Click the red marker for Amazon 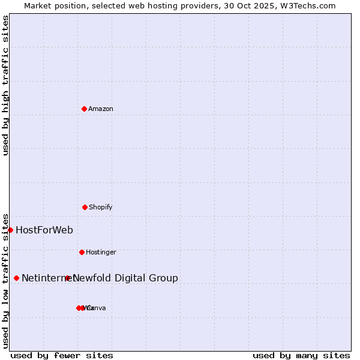[84, 109]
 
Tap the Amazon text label [101, 109]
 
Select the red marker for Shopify [85, 207]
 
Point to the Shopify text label [101, 207]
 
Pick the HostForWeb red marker [10, 230]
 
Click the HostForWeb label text [44, 230]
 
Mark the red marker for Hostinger [82, 252]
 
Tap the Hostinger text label [101, 252]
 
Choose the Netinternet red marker [16, 278]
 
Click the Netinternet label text [43, 278]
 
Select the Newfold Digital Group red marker [68, 278]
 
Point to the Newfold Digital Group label [125, 278]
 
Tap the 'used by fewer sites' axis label [62, 355]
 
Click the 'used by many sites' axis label [301, 355]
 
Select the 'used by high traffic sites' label [5, 85]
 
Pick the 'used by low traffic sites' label [5, 280]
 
